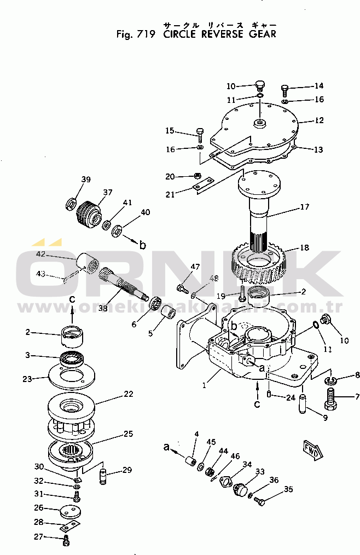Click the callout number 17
[305, 207]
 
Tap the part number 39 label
[86, 180]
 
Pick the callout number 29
[127, 470]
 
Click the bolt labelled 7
[330, 398]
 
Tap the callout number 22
[129, 394]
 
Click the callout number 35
[288, 490]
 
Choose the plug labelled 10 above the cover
[260, 85]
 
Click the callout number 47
[195, 267]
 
